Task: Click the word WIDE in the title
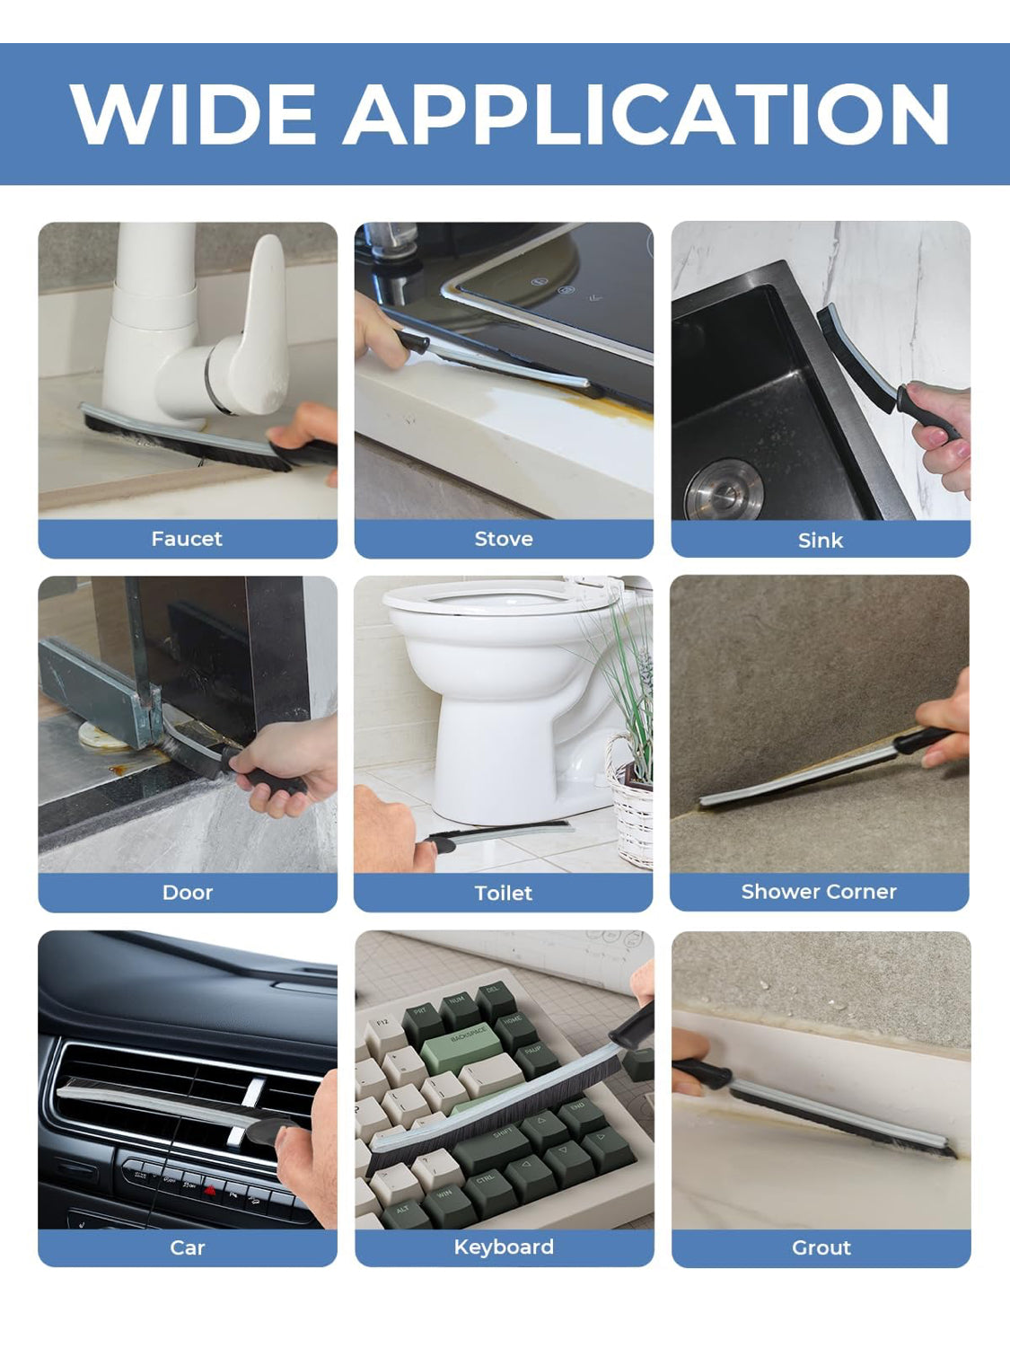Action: [x=193, y=114]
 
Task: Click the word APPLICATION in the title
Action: [x=646, y=114]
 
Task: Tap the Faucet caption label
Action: [x=187, y=539]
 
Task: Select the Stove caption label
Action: [x=504, y=539]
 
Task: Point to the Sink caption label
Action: [x=821, y=541]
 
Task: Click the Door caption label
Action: [x=188, y=893]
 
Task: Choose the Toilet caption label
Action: [x=504, y=893]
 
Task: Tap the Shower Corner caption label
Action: [x=819, y=892]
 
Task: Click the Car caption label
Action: [x=188, y=1247]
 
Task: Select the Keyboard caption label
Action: [x=504, y=1247]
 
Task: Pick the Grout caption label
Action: [x=821, y=1247]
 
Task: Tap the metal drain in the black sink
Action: [x=725, y=490]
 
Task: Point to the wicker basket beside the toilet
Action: [x=630, y=805]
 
